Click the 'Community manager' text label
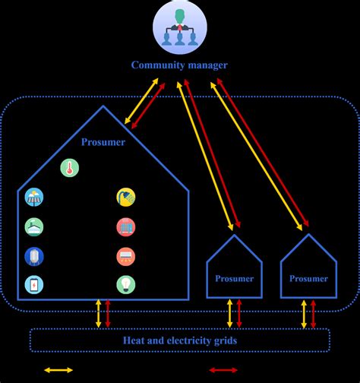(x=179, y=65)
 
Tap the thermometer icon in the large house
(x=70, y=168)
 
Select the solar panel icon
(x=34, y=198)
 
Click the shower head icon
(x=126, y=198)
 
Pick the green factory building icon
(x=34, y=226)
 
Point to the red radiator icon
(x=126, y=226)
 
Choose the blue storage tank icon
(x=34, y=255)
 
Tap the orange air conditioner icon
(x=126, y=256)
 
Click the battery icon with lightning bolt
(x=34, y=284)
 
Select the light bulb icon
(x=126, y=284)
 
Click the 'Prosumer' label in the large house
(x=103, y=141)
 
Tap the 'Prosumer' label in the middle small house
(x=234, y=280)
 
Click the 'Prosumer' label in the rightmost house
(x=308, y=280)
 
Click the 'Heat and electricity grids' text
(x=179, y=340)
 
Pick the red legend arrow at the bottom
(x=226, y=370)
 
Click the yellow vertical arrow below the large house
(x=97, y=314)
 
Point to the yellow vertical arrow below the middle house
(x=230, y=314)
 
